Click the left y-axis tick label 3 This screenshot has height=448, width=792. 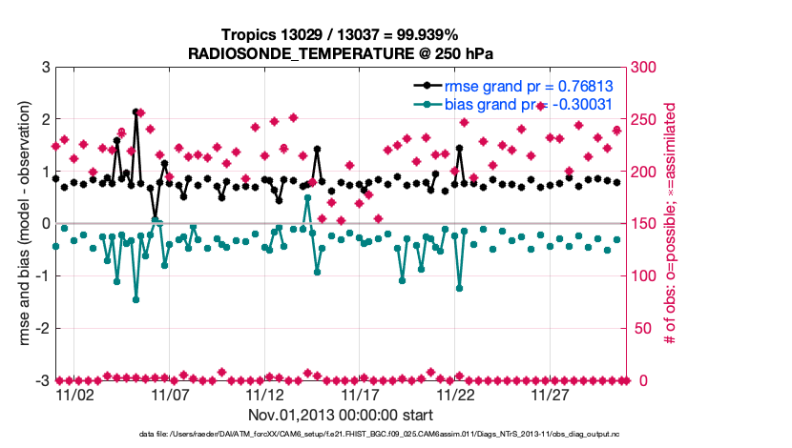pos(45,68)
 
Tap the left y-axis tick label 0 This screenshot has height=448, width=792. pos(45,224)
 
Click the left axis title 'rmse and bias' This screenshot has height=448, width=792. pos(21,224)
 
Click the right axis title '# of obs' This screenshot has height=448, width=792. pos(671,224)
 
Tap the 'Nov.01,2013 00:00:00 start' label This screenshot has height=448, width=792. pos(340,415)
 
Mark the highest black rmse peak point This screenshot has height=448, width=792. pos(135,112)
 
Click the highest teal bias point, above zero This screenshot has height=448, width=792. pos(307,197)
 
